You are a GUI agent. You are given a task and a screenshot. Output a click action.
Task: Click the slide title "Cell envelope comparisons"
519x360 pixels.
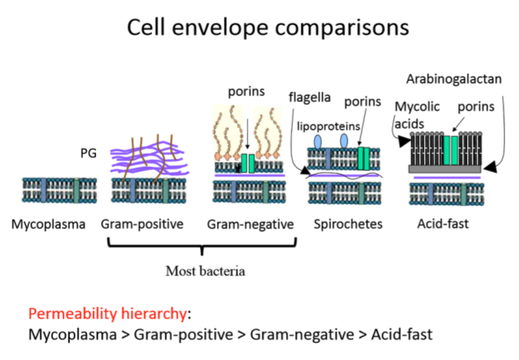[x=259, y=28]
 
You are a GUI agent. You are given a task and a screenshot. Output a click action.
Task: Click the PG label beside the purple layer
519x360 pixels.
[x=90, y=154]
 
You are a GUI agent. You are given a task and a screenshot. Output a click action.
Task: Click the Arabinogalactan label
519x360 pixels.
[x=454, y=78]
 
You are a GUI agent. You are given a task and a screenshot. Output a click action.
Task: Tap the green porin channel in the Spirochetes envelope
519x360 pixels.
[x=364, y=158]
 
